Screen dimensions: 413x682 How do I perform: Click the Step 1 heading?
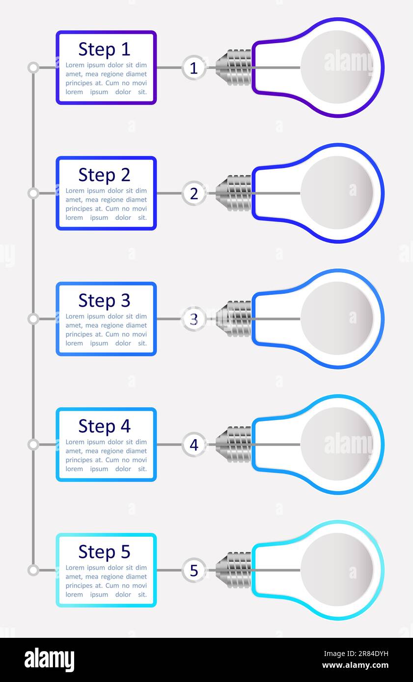pos(104,50)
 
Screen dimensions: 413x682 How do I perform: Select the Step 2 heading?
pos(104,175)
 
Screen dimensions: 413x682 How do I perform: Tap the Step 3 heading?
pos(104,301)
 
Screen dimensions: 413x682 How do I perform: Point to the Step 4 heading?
pos(104,426)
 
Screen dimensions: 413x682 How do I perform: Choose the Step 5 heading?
pos(104,552)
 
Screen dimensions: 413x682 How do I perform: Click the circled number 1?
pos(194,68)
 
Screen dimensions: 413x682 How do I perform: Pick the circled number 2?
pos(194,193)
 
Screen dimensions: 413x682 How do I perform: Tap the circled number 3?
pos(194,319)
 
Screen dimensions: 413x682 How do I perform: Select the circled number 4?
pos(194,445)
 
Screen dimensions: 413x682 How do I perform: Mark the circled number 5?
pos(194,570)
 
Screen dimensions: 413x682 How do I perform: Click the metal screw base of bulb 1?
pos(234,68)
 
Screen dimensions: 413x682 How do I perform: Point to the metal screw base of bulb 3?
pos(234,319)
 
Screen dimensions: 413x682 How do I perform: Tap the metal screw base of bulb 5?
pos(234,570)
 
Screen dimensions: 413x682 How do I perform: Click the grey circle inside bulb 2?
pos(337,193)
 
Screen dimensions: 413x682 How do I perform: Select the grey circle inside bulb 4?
pos(337,444)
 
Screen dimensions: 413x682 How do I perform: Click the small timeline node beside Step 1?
pos(33,68)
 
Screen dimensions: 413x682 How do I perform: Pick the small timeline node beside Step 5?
pos(33,570)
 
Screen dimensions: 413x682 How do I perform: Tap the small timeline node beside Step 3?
pos(33,319)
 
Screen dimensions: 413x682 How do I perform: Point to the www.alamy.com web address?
pos(356,665)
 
